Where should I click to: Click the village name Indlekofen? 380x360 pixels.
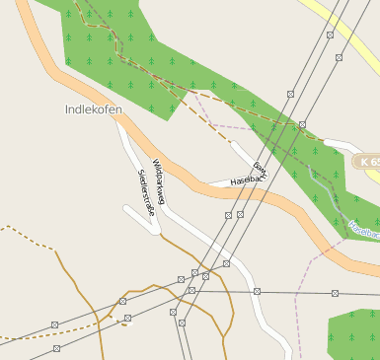tap(93, 109)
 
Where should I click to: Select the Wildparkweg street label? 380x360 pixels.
tap(158, 181)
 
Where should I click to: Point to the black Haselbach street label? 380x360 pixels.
tap(248, 180)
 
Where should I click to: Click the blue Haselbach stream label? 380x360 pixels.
tap(363, 230)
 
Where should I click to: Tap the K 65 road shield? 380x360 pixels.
tap(367, 160)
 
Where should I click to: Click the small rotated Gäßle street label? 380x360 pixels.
tap(260, 170)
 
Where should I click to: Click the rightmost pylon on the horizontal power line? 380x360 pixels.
tap(336, 293)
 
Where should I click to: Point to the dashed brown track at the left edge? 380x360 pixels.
tap(20, 232)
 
